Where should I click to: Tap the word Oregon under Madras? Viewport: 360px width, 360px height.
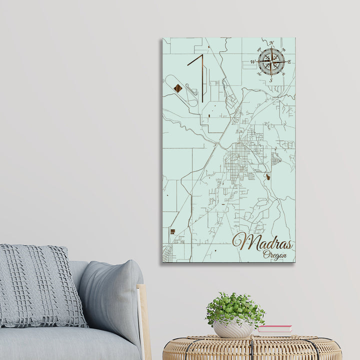275,255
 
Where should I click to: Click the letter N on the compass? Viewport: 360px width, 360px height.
271,43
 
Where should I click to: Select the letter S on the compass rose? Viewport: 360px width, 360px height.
271,80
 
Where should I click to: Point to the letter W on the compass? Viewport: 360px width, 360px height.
252,62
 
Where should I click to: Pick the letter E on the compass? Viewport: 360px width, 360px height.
289,62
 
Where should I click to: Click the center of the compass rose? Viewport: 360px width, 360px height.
271,61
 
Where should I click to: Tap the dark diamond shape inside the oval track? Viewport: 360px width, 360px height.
177,88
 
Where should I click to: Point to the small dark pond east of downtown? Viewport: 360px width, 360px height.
269,176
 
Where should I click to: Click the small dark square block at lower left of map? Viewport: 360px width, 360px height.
172,231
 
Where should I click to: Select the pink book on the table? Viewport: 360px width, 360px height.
274,329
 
